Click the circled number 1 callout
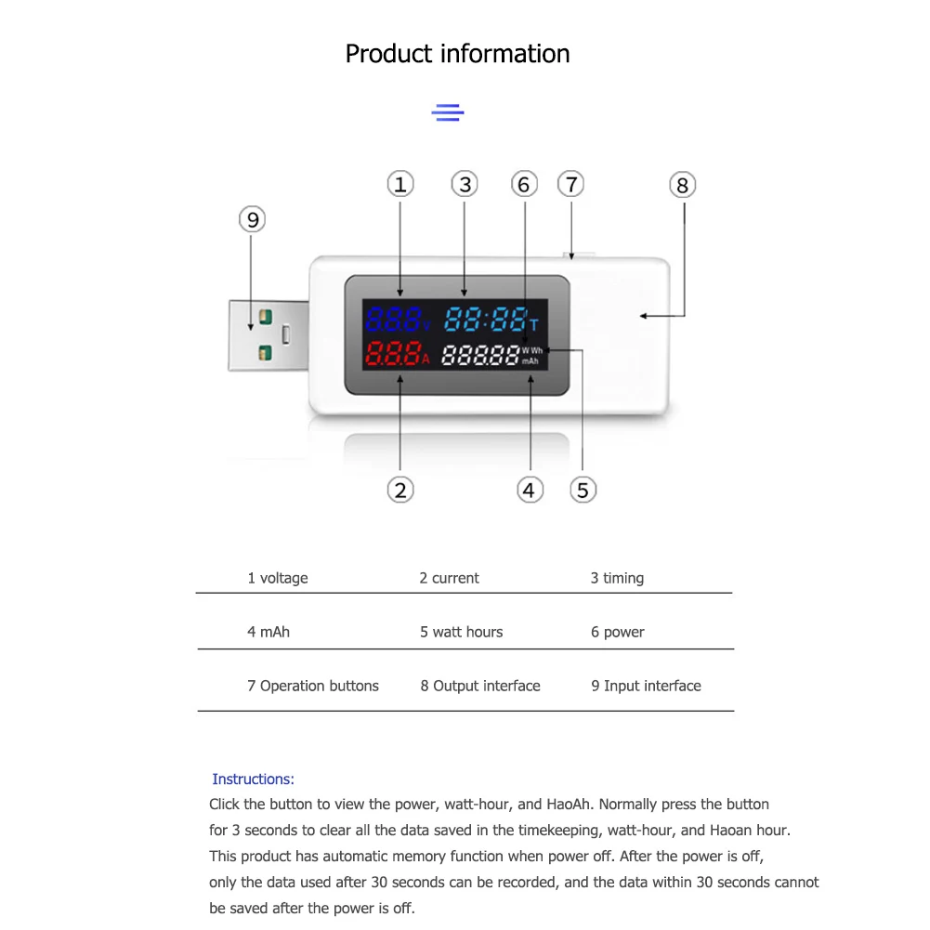point(400,185)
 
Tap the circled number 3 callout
point(465,185)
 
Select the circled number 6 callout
point(524,185)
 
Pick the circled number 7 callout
point(571,184)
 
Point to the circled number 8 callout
point(682,186)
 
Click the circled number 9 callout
point(252,220)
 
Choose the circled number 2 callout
point(400,490)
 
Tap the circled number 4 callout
point(530,490)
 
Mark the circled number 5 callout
point(583,490)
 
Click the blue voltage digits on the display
point(393,321)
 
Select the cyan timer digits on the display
point(486,321)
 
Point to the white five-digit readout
point(479,355)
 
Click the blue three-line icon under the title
point(448,113)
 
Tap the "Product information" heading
point(457,54)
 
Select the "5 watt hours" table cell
point(461,632)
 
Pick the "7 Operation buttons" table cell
point(313,686)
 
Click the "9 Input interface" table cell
point(646,686)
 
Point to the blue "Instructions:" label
point(253,779)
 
